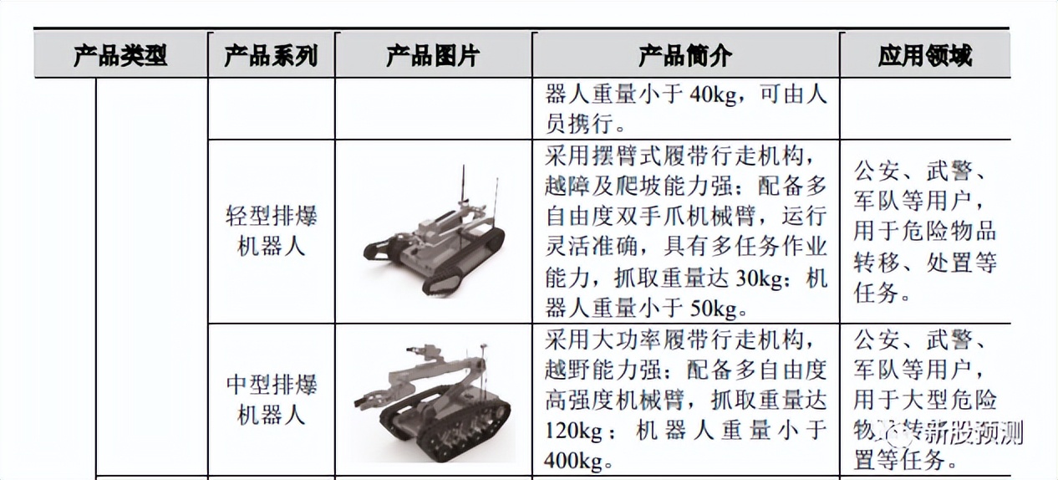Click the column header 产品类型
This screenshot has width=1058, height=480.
[x=120, y=56]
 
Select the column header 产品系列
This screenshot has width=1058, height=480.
[x=271, y=56]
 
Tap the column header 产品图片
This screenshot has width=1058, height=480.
[x=433, y=56]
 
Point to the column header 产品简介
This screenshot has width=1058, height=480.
[x=685, y=56]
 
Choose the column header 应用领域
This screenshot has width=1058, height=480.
[x=924, y=56]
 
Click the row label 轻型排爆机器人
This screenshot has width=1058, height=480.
[x=272, y=232]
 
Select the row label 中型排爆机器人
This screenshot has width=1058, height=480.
[x=272, y=400]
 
